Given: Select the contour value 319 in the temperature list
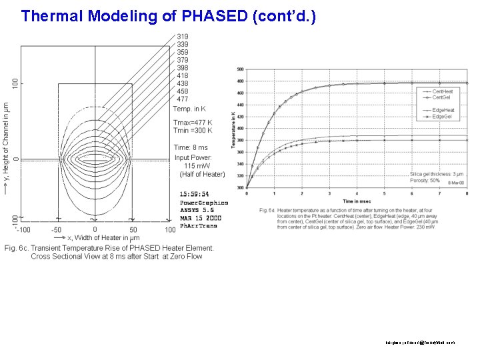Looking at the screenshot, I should pyautogui.click(x=182, y=36).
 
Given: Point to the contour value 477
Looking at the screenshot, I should pyautogui.click(x=182, y=99).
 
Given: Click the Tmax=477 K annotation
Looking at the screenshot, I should pyautogui.click(x=193, y=123).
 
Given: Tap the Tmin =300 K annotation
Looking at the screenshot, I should pyautogui.click(x=193, y=131).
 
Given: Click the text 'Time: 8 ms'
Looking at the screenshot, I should pyautogui.click(x=191, y=147).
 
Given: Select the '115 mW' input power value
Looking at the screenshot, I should pyautogui.click(x=197, y=165).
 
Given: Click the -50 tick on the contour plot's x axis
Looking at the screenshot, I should pyautogui.click(x=57, y=230).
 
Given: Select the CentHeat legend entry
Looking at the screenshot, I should pyautogui.click(x=443, y=91).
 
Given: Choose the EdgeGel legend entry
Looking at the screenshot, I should pyautogui.click(x=443, y=117).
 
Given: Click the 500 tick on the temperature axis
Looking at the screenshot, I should pyautogui.click(x=240, y=69).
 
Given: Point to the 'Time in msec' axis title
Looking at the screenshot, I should pyautogui.click(x=357, y=201).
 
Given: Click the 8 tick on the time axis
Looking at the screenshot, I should pyautogui.click(x=467, y=193).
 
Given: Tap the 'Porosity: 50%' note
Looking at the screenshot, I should pyautogui.click(x=425, y=181).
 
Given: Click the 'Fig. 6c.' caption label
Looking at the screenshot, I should pyautogui.click(x=19, y=248).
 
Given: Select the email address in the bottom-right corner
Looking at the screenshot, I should pyautogui.click(x=420, y=342).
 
